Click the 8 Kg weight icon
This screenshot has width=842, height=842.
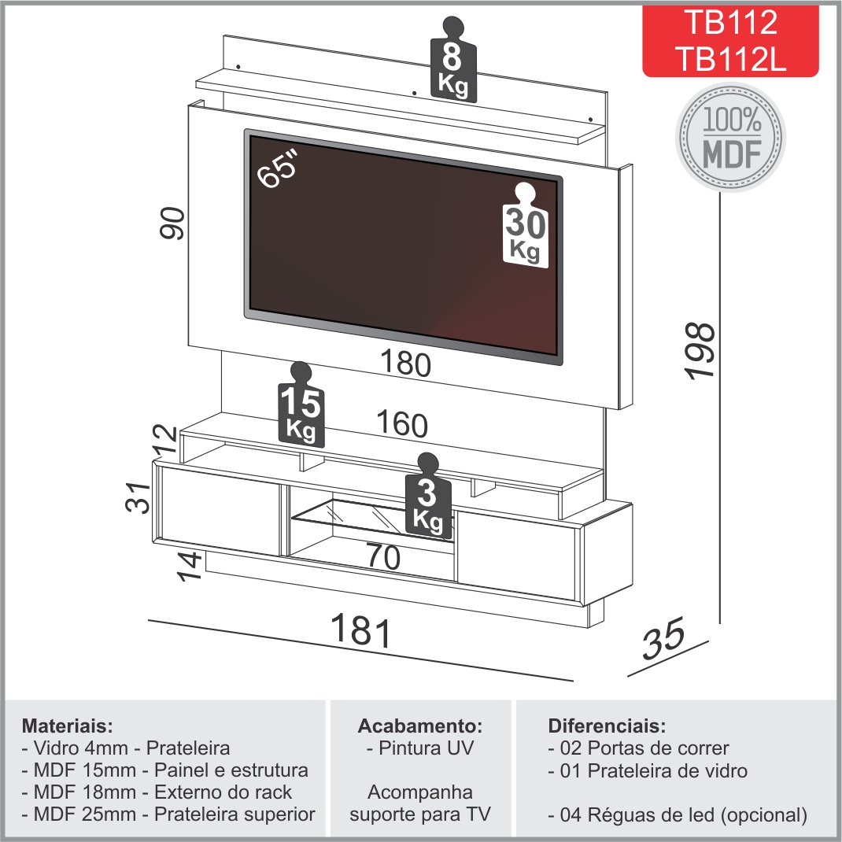tap(453, 58)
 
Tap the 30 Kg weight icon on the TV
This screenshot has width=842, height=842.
tap(525, 225)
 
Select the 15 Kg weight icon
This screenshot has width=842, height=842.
tap(301, 404)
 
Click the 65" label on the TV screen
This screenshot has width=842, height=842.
tap(277, 168)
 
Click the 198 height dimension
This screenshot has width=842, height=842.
tap(701, 352)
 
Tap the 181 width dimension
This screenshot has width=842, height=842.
tap(361, 630)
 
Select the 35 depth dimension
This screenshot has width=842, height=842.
tap(663, 638)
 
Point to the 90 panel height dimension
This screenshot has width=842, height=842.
tap(172, 223)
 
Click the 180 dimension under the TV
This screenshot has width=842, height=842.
tap(405, 363)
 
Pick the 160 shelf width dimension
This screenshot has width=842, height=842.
tap(402, 423)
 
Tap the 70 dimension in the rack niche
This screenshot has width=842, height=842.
tap(383, 556)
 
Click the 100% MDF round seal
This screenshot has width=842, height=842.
tap(731, 138)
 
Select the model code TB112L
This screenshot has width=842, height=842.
tap(731, 58)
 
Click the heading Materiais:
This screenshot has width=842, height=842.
tap(68, 726)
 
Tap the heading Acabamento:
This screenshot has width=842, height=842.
tap(420, 726)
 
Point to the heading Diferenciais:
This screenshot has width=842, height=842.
tap(607, 726)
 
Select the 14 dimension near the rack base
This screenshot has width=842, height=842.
tap(190, 566)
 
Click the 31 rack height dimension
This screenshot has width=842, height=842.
tap(138, 497)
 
